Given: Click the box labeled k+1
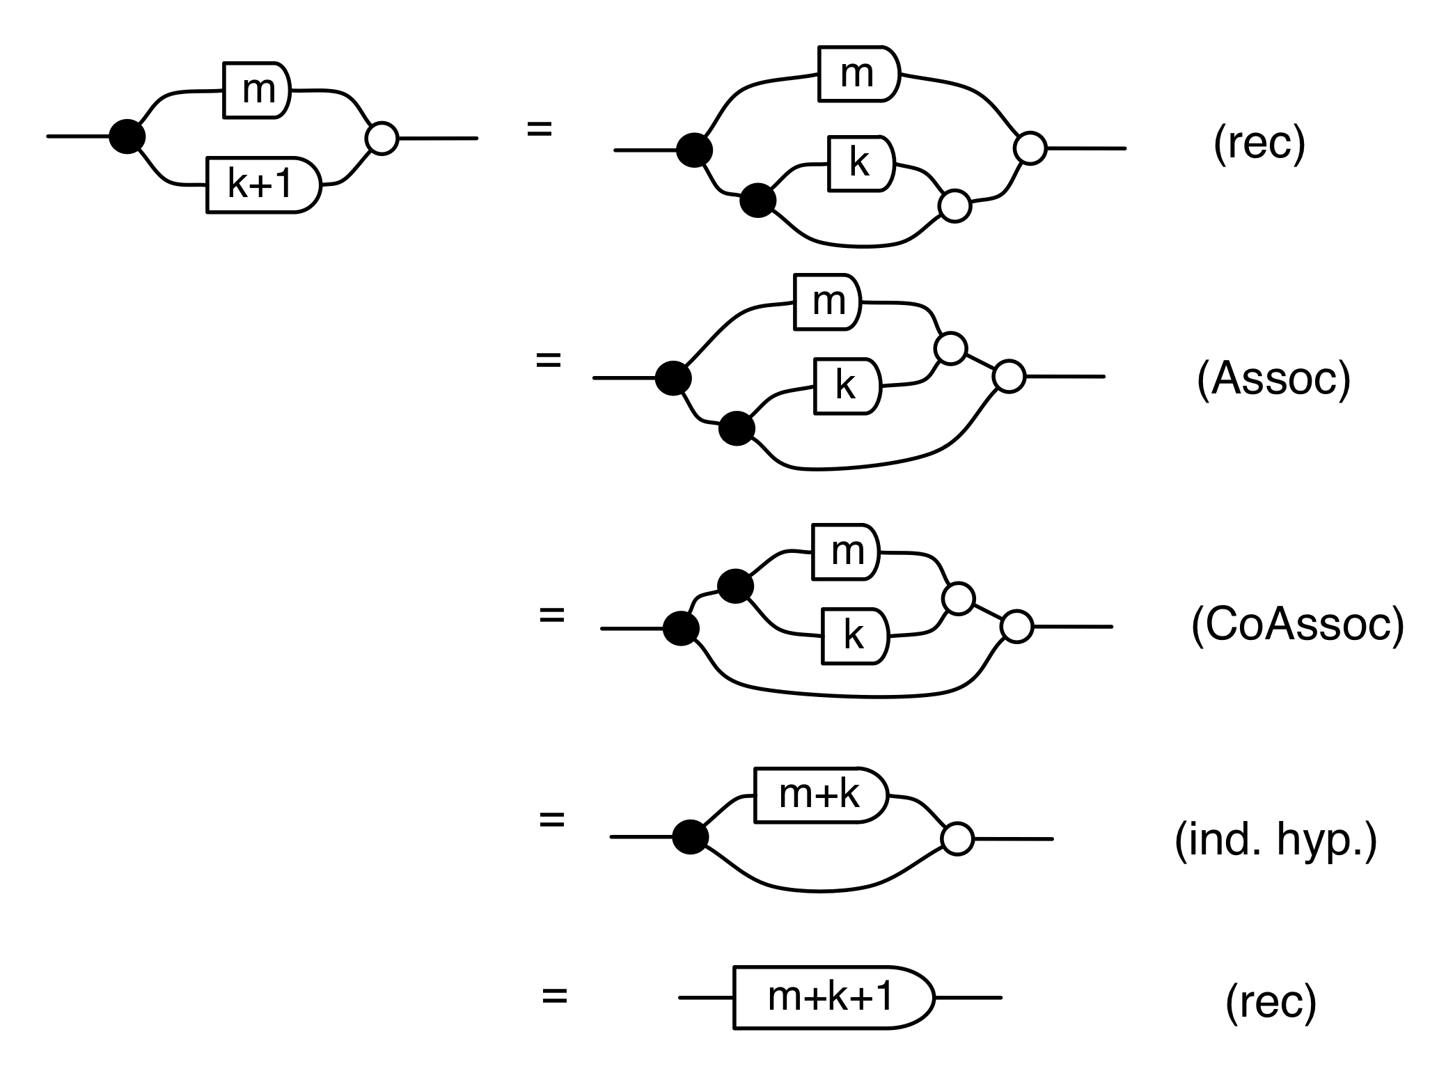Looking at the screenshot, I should [x=263, y=185].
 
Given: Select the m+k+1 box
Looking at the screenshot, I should [x=832, y=997].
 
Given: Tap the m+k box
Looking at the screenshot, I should [x=820, y=795].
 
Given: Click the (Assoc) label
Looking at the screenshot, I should [x=1273, y=379].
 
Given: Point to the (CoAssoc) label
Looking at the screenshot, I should [x=1298, y=626].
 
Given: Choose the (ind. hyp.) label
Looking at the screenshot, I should [x=1275, y=841].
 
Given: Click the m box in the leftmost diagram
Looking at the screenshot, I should [x=256, y=90].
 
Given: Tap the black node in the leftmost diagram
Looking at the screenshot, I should [x=127, y=136].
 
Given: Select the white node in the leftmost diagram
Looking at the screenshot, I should [x=382, y=138].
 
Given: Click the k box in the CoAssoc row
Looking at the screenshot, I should [x=854, y=636].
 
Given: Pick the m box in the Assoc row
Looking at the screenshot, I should [x=828, y=302].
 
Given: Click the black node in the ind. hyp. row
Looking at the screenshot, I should [x=691, y=836].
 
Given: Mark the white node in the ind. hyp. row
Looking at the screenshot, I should [x=957, y=839].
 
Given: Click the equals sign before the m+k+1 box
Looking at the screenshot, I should [x=555, y=996].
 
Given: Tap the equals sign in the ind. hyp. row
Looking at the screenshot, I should [x=552, y=820].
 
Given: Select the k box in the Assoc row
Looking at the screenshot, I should [x=847, y=386].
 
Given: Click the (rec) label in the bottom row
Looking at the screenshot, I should [x=1271, y=1002].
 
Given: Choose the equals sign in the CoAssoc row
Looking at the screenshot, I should [x=552, y=615].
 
